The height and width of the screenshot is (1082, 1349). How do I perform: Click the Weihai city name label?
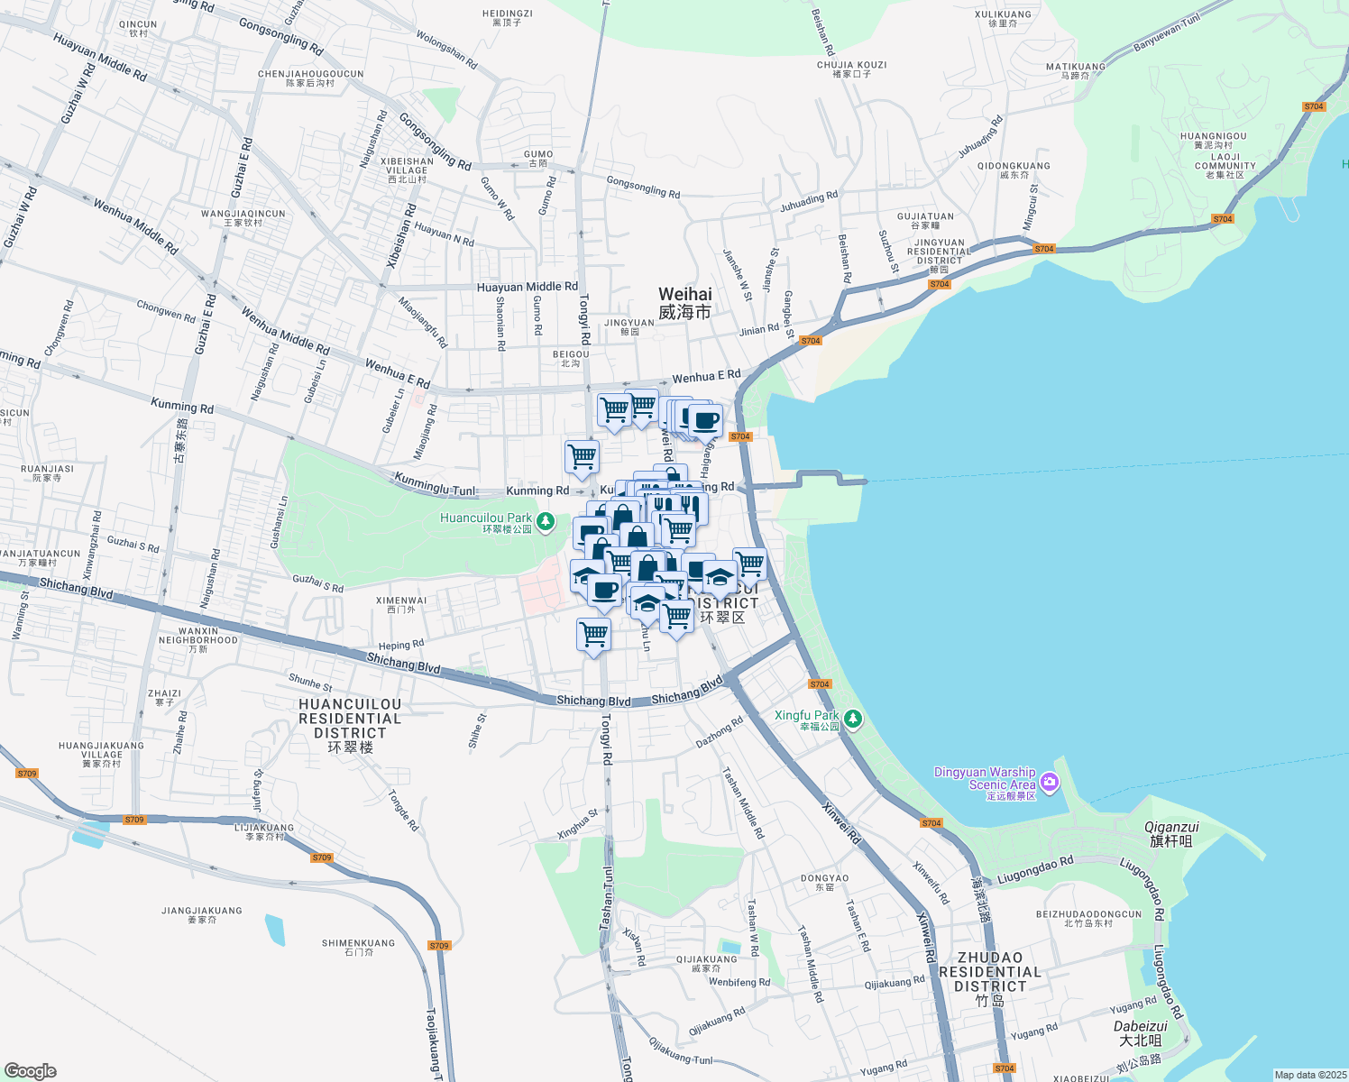[684, 303]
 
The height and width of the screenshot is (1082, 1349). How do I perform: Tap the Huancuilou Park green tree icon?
[545, 522]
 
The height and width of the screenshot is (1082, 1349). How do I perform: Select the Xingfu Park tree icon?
[852, 720]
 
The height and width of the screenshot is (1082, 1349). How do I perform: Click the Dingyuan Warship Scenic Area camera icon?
[1049, 782]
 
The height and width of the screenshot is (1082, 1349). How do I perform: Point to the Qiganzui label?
[1171, 834]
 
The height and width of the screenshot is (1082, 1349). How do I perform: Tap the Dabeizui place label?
[1141, 1033]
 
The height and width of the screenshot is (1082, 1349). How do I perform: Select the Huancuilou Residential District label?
[350, 726]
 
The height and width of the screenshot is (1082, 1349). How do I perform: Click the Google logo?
[30, 1071]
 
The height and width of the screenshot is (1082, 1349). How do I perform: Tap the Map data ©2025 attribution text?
[1308, 1075]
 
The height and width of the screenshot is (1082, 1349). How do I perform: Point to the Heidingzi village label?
[508, 18]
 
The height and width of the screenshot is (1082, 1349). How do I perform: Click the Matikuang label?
[1075, 70]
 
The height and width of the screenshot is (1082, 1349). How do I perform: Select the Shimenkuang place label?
[358, 947]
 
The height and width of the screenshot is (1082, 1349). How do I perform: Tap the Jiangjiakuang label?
[202, 915]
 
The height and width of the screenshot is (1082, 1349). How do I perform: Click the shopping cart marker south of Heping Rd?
[593, 634]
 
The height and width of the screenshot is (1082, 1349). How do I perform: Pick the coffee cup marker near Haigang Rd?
[705, 419]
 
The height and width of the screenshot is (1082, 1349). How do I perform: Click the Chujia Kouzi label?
[852, 69]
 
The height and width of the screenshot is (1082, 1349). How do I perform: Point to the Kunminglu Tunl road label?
[435, 485]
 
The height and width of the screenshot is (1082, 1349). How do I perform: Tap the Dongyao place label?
[824, 882]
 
